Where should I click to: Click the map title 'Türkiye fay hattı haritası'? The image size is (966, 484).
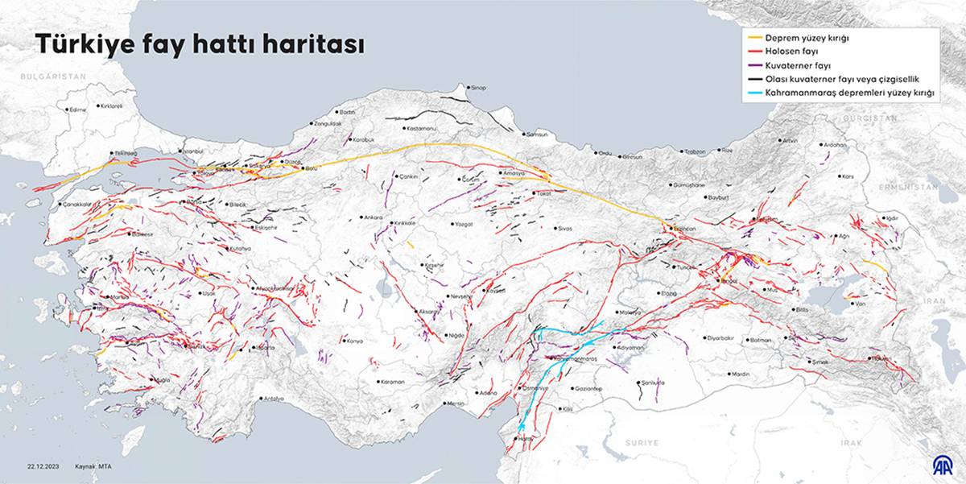(199, 46)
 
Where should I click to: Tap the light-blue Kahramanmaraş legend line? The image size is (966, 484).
(757, 93)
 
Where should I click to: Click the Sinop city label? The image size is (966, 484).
(478, 87)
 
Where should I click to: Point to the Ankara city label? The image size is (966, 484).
(374, 217)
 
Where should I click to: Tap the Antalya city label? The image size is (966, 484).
(275, 398)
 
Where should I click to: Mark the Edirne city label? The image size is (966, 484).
(78, 110)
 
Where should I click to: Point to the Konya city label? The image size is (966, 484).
(354, 341)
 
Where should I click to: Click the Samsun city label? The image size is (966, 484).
(536, 134)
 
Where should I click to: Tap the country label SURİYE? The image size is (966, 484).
(642, 443)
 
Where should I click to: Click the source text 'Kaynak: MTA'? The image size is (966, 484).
(95, 466)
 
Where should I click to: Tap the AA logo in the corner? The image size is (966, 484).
(942, 465)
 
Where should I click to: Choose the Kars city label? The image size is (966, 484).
(847, 176)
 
